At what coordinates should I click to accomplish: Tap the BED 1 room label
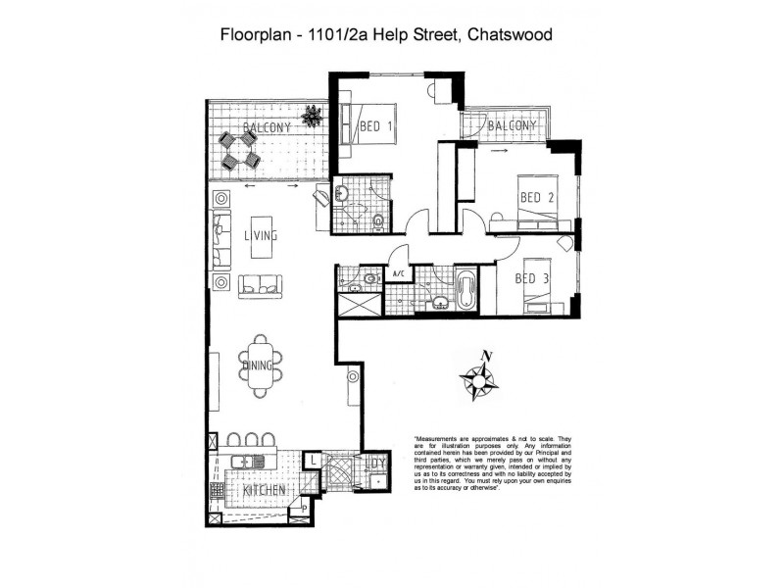pos(375,126)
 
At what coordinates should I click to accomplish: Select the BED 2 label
pos(537,198)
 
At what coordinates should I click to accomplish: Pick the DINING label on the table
pos(259,366)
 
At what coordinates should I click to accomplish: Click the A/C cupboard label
pos(399,275)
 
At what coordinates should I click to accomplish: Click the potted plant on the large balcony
pos(313,116)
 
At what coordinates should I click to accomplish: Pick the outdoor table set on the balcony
pos(238,149)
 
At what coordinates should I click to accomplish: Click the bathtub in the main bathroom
pos(466,291)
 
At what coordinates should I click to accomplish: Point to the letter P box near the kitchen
pos(305,508)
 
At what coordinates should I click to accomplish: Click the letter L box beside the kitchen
pos(311,459)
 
